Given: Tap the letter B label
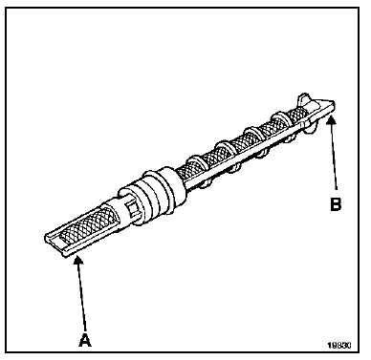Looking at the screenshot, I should (336, 203).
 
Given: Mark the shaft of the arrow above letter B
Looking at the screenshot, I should (335, 158).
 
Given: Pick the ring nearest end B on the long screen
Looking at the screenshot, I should (283, 122).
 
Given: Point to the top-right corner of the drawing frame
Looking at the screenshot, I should (363, 7).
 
